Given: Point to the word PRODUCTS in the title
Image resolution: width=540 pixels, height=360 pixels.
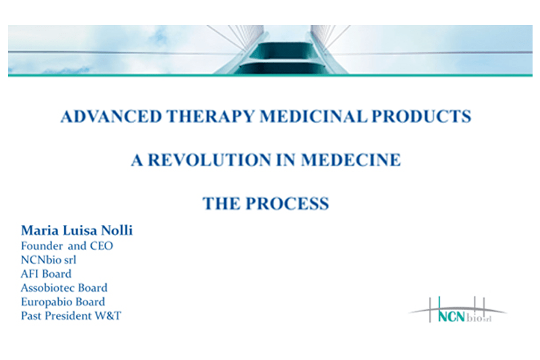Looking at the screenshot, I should coord(423,116).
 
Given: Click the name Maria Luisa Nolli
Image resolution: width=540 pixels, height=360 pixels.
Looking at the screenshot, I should coord(76,231).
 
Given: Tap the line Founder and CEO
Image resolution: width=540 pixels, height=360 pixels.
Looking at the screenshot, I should coord(67,246).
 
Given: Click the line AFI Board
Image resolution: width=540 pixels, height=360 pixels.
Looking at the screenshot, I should coord(46,274).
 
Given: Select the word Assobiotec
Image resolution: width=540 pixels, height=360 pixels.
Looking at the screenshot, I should coord(48,288).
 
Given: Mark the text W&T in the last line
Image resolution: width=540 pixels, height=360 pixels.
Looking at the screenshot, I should coord(108,315).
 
